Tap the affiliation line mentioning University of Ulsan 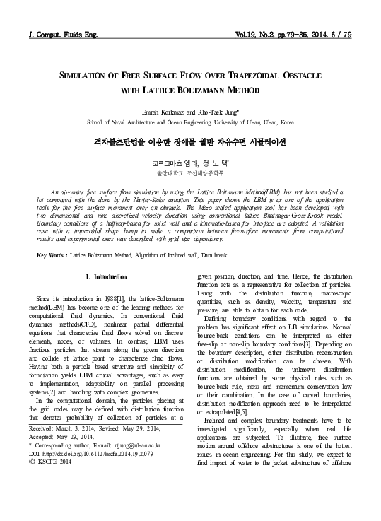click(190, 122)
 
